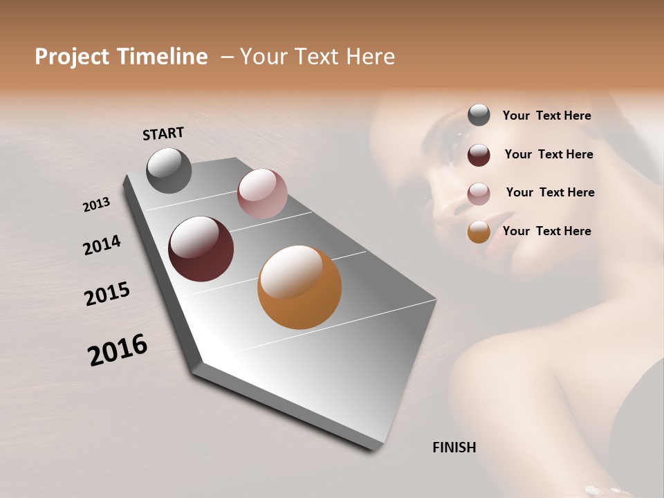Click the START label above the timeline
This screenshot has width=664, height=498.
[x=163, y=133]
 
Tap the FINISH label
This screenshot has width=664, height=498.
[x=454, y=448]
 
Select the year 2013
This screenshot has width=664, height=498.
[x=97, y=205]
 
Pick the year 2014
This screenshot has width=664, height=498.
[x=102, y=246]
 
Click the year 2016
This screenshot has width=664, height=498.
[x=118, y=350]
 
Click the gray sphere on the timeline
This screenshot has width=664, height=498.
[x=169, y=170]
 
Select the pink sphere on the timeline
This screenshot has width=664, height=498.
[x=262, y=194]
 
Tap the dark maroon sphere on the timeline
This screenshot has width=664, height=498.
[x=201, y=249]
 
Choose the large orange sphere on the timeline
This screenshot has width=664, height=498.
[x=299, y=287]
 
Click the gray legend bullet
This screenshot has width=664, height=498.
[x=479, y=116]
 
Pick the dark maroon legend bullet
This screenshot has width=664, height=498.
[x=479, y=155]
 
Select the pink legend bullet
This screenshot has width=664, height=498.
[x=479, y=193]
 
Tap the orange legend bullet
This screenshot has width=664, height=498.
[x=479, y=232]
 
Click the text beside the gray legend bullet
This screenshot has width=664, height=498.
[x=546, y=116]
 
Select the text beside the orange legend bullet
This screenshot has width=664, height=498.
[x=546, y=231]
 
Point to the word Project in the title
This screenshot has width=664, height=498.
[x=72, y=57]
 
